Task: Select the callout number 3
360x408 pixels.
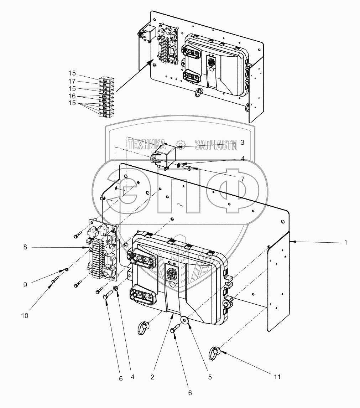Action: pos(242,143)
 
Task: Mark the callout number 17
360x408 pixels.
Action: pos(72,81)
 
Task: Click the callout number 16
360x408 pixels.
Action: pos(72,96)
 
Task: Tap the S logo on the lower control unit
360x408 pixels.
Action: pos(172,274)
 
